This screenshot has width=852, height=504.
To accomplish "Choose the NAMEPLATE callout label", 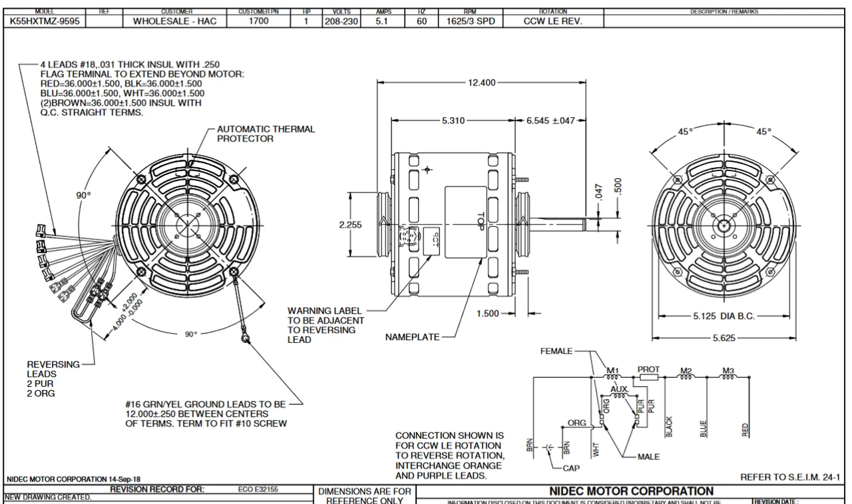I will (413, 338).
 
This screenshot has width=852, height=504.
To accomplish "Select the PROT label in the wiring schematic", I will (648, 368).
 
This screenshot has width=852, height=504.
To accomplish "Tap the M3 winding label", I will (729, 370).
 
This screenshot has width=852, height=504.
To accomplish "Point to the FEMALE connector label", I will (556, 350).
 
